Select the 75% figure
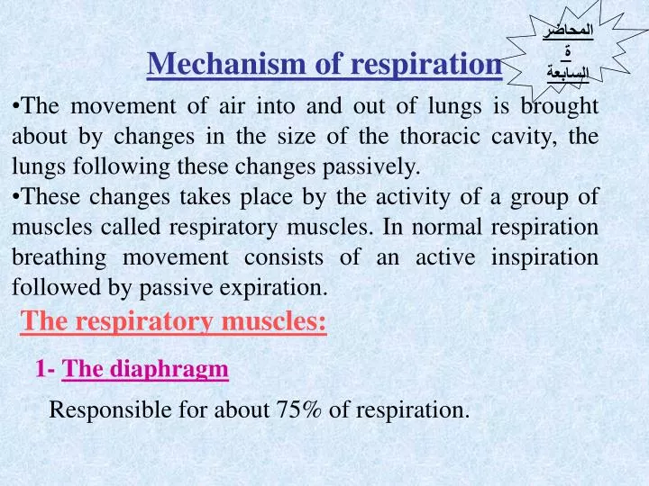[302, 410]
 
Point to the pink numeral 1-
[46, 368]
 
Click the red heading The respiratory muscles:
[174, 319]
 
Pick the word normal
[444, 228]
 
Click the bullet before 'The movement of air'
[17, 106]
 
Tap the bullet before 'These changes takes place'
[17, 198]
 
